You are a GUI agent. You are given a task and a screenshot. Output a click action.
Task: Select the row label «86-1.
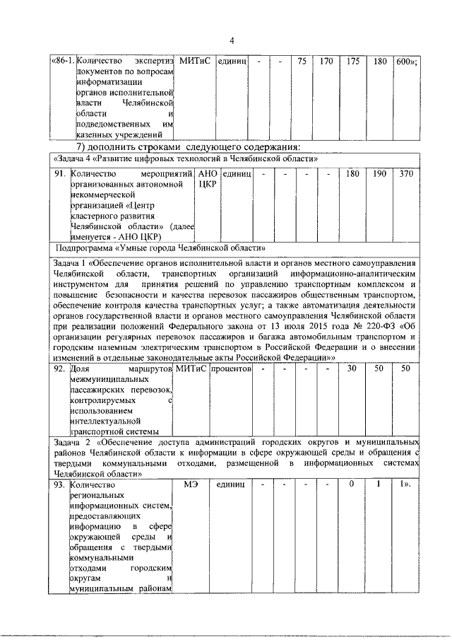pyautogui.click(x=62, y=62)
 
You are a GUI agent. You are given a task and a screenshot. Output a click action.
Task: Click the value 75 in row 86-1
pyautogui.click(x=302, y=62)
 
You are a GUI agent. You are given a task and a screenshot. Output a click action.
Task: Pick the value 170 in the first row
pyautogui.click(x=326, y=62)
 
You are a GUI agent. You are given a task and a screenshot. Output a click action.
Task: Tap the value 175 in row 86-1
pyautogui.click(x=352, y=62)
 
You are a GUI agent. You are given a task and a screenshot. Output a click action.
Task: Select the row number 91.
pyautogui.click(x=61, y=173)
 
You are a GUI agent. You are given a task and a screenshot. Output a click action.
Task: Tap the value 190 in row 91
pyautogui.click(x=379, y=173)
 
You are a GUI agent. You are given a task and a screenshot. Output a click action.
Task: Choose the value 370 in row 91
pyautogui.click(x=406, y=173)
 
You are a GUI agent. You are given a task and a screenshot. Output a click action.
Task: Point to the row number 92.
pyautogui.click(x=61, y=368)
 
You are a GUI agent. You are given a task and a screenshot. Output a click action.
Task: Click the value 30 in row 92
pyautogui.click(x=352, y=368)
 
